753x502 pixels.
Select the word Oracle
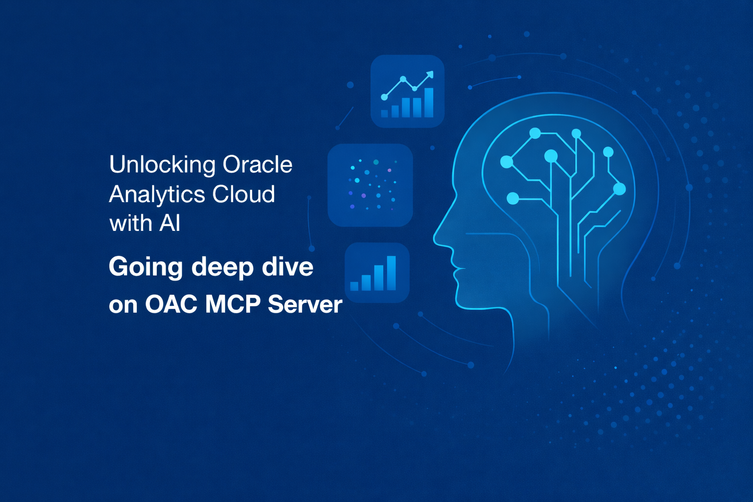257,165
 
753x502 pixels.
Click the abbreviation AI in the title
170,224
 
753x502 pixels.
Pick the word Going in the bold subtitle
146,268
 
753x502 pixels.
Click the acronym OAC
171,304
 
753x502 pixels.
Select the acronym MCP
233,304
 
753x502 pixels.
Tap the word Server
305,304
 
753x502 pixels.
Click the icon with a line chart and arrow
407,91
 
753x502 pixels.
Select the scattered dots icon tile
370,185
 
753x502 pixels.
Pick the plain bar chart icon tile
376,273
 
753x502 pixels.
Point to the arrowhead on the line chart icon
430,75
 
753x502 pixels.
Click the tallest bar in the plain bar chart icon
391,273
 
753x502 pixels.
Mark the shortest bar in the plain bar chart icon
354,286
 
